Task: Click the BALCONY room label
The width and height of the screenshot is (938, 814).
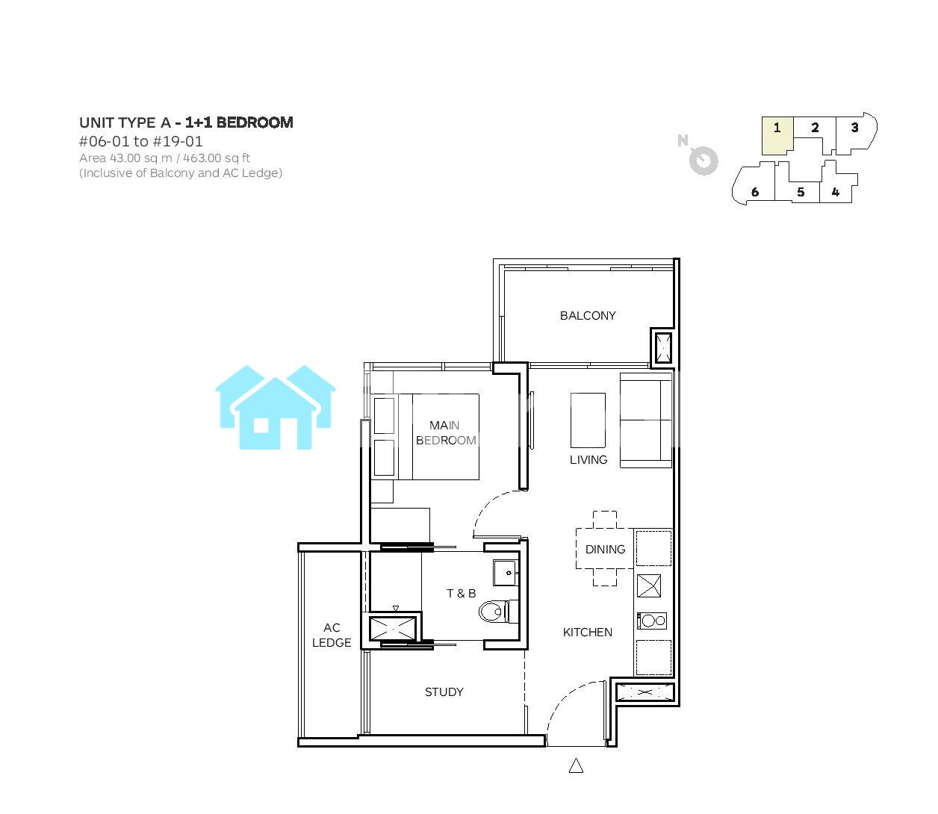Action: pyautogui.click(x=587, y=315)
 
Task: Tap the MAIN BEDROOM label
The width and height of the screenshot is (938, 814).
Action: pyautogui.click(x=446, y=432)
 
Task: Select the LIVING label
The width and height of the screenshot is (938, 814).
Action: pyautogui.click(x=588, y=459)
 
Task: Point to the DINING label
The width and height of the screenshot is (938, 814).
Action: pyautogui.click(x=605, y=549)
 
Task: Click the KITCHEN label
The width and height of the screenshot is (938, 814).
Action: pyautogui.click(x=587, y=632)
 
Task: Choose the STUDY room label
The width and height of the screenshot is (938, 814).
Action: pyautogui.click(x=444, y=692)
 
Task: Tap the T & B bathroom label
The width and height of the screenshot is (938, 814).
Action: pyautogui.click(x=462, y=593)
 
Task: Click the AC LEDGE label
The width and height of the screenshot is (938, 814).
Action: pyautogui.click(x=332, y=635)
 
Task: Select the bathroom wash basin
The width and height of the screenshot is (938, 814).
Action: pyautogui.click(x=506, y=573)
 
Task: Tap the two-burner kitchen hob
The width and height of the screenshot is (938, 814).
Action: pyautogui.click(x=651, y=621)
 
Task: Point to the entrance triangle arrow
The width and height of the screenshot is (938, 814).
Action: pyautogui.click(x=576, y=765)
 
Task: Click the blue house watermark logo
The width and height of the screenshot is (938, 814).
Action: pyautogui.click(x=276, y=407)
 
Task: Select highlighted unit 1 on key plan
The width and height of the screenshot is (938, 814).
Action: pyautogui.click(x=777, y=136)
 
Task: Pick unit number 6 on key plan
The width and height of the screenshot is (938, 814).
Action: pyautogui.click(x=754, y=192)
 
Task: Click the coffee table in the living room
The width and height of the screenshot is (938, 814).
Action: pyautogui.click(x=588, y=420)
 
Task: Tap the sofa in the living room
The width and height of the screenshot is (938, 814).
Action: pyautogui.click(x=645, y=420)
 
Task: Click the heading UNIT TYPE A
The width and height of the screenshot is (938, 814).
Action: pyautogui.click(x=125, y=122)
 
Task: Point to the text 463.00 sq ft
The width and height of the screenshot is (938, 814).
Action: pyautogui.click(x=217, y=158)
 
